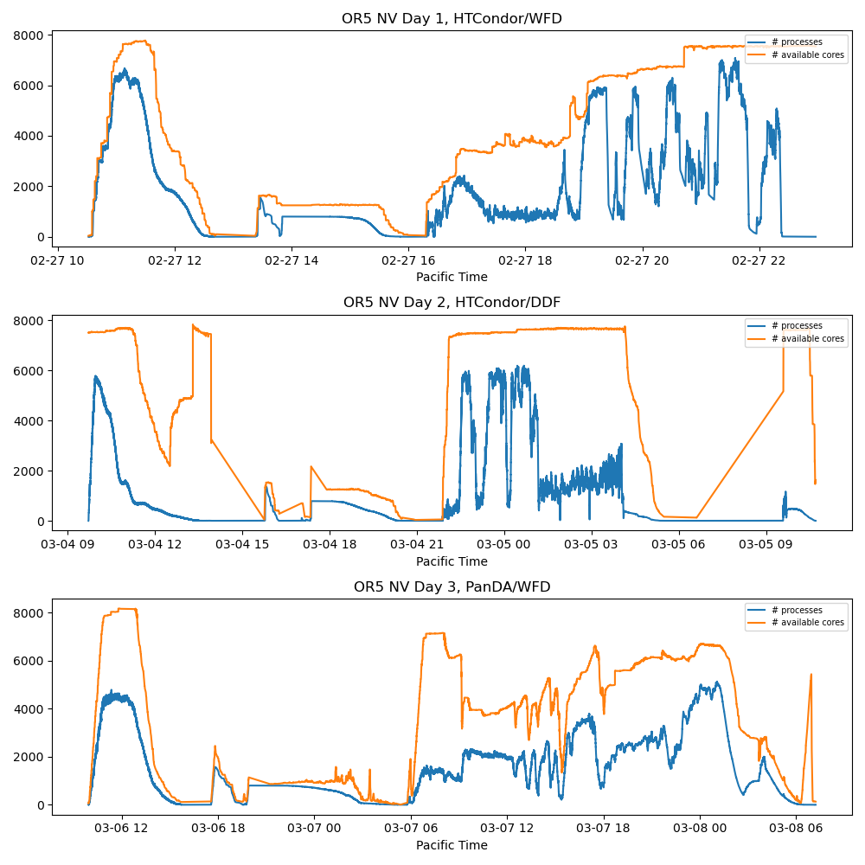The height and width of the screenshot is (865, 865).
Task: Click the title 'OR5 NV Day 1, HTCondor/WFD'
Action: click(x=452, y=18)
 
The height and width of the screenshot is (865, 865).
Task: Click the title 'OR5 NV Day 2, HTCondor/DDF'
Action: click(x=452, y=303)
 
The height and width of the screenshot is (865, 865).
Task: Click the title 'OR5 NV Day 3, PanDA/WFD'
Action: click(x=452, y=586)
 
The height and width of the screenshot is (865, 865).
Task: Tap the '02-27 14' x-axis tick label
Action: click(x=292, y=259)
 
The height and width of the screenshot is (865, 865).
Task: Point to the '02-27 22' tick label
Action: click(x=759, y=259)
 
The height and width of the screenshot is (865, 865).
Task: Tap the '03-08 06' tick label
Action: click(x=795, y=828)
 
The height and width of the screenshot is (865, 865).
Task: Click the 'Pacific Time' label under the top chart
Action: click(x=452, y=277)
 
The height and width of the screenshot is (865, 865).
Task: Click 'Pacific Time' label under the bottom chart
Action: click(x=452, y=845)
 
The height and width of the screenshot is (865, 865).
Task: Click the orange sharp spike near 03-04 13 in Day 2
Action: click(x=193, y=325)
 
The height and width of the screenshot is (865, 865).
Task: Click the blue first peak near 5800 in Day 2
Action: click(x=96, y=376)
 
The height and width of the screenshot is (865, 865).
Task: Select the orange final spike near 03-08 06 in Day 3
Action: click(x=811, y=675)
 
